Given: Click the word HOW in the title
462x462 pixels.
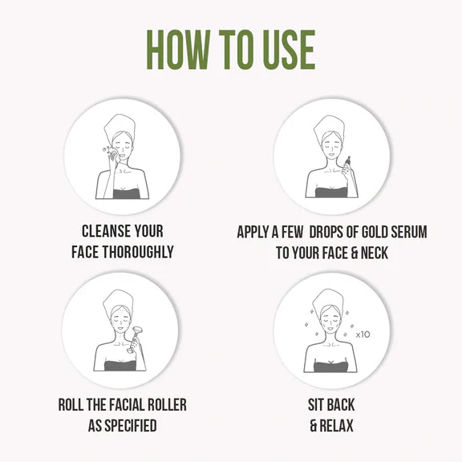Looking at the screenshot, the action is tap(178, 50).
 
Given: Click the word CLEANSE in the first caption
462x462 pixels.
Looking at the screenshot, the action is tap(107, 231).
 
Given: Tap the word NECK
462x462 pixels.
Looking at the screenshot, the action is tap(375, 253).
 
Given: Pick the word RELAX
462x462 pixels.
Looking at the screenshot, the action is tap(336, 426).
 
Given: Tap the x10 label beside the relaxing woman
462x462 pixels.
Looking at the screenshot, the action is tap(363, 334).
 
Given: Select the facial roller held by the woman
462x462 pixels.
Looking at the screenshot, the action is tap(134, 338).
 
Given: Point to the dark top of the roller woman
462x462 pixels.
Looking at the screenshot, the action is tap(120, 366).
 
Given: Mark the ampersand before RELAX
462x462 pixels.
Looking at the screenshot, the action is tap(314, 426).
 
